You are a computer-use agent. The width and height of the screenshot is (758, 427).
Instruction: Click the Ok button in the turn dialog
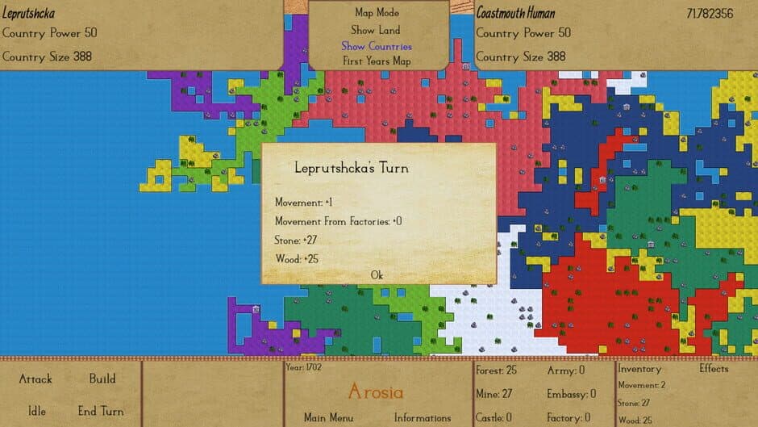377,275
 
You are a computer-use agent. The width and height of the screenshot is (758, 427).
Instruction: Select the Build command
102,379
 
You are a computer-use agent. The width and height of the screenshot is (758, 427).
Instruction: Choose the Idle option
37,411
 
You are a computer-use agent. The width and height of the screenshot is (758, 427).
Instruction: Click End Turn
101,411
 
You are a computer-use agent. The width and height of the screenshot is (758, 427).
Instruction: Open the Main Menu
328,418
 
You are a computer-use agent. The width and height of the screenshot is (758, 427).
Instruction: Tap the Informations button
423,418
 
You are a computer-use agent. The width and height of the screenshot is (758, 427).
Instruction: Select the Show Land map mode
376,30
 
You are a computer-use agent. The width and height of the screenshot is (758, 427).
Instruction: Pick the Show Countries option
376,46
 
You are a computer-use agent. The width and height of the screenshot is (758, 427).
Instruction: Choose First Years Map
377,61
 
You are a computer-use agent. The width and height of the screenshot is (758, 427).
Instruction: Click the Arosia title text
376,393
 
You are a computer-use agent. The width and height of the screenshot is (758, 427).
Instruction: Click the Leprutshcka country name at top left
28,14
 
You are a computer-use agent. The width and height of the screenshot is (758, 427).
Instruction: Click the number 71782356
710,14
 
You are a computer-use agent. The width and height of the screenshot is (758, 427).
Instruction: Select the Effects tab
714,369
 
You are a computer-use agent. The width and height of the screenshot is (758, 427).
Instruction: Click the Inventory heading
639,369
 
